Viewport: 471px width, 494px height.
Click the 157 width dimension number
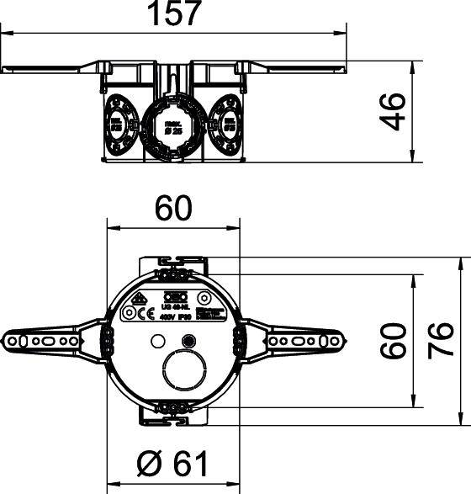click(176, 14)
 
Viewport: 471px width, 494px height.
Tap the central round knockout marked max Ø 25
click(172, 128)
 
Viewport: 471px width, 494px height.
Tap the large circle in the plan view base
click(184, 370)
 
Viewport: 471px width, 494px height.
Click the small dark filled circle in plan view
click(188, 342)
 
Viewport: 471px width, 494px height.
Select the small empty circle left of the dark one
click(156, 342)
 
